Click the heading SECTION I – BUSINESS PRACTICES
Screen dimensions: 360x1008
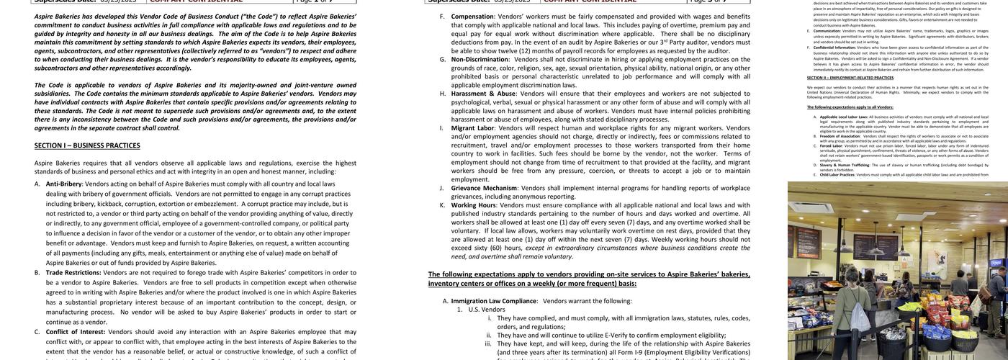pyautogui.click(x=87, y=145)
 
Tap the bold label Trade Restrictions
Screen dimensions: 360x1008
pyautogui.click(x=73, y=272)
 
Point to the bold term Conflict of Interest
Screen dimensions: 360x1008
pyautogui.click(x=75, y=332)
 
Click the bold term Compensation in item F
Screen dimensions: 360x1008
pyautogui.click(x=472, y=16)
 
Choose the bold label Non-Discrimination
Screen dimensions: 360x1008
pyautogui.click(x=481, y=59)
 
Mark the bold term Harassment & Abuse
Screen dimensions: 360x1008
pyautogui.click(x=483, y=94)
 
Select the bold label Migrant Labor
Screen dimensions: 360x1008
pyautogui.click(x=472, y=128)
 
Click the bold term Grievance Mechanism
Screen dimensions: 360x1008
pyautogui.click(x=484, y=188)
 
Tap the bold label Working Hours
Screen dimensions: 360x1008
pyautogui.click(x=473, y=205)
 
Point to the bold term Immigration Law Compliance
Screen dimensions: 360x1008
pyautogui.click(x=494, y=301)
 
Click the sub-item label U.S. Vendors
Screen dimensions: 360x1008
pyautogui.click(x=487, y=310)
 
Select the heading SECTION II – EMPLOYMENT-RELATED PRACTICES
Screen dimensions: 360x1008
pyautogui.click(x=850, y=77)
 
